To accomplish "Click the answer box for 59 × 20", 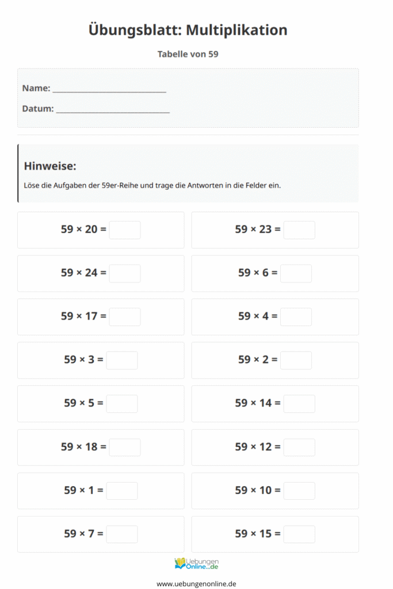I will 125,230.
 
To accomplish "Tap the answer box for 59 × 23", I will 299,230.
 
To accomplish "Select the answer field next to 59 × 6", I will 296,273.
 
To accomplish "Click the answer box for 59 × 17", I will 125,317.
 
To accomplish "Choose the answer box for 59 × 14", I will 299,404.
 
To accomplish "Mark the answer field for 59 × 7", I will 122,534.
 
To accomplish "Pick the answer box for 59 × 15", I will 299,534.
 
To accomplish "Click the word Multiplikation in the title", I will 236,30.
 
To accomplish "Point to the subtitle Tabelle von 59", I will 188,54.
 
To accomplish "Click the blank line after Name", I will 109,89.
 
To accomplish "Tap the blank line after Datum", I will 113,109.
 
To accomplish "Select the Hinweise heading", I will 50,166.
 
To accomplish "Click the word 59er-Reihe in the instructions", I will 117,186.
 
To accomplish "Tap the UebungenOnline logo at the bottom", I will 196,564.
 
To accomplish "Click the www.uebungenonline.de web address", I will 196,583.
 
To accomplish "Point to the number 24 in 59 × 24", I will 91,273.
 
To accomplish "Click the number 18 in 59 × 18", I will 91,447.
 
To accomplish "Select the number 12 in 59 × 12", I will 265,447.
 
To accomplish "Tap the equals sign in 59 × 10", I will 277,491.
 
